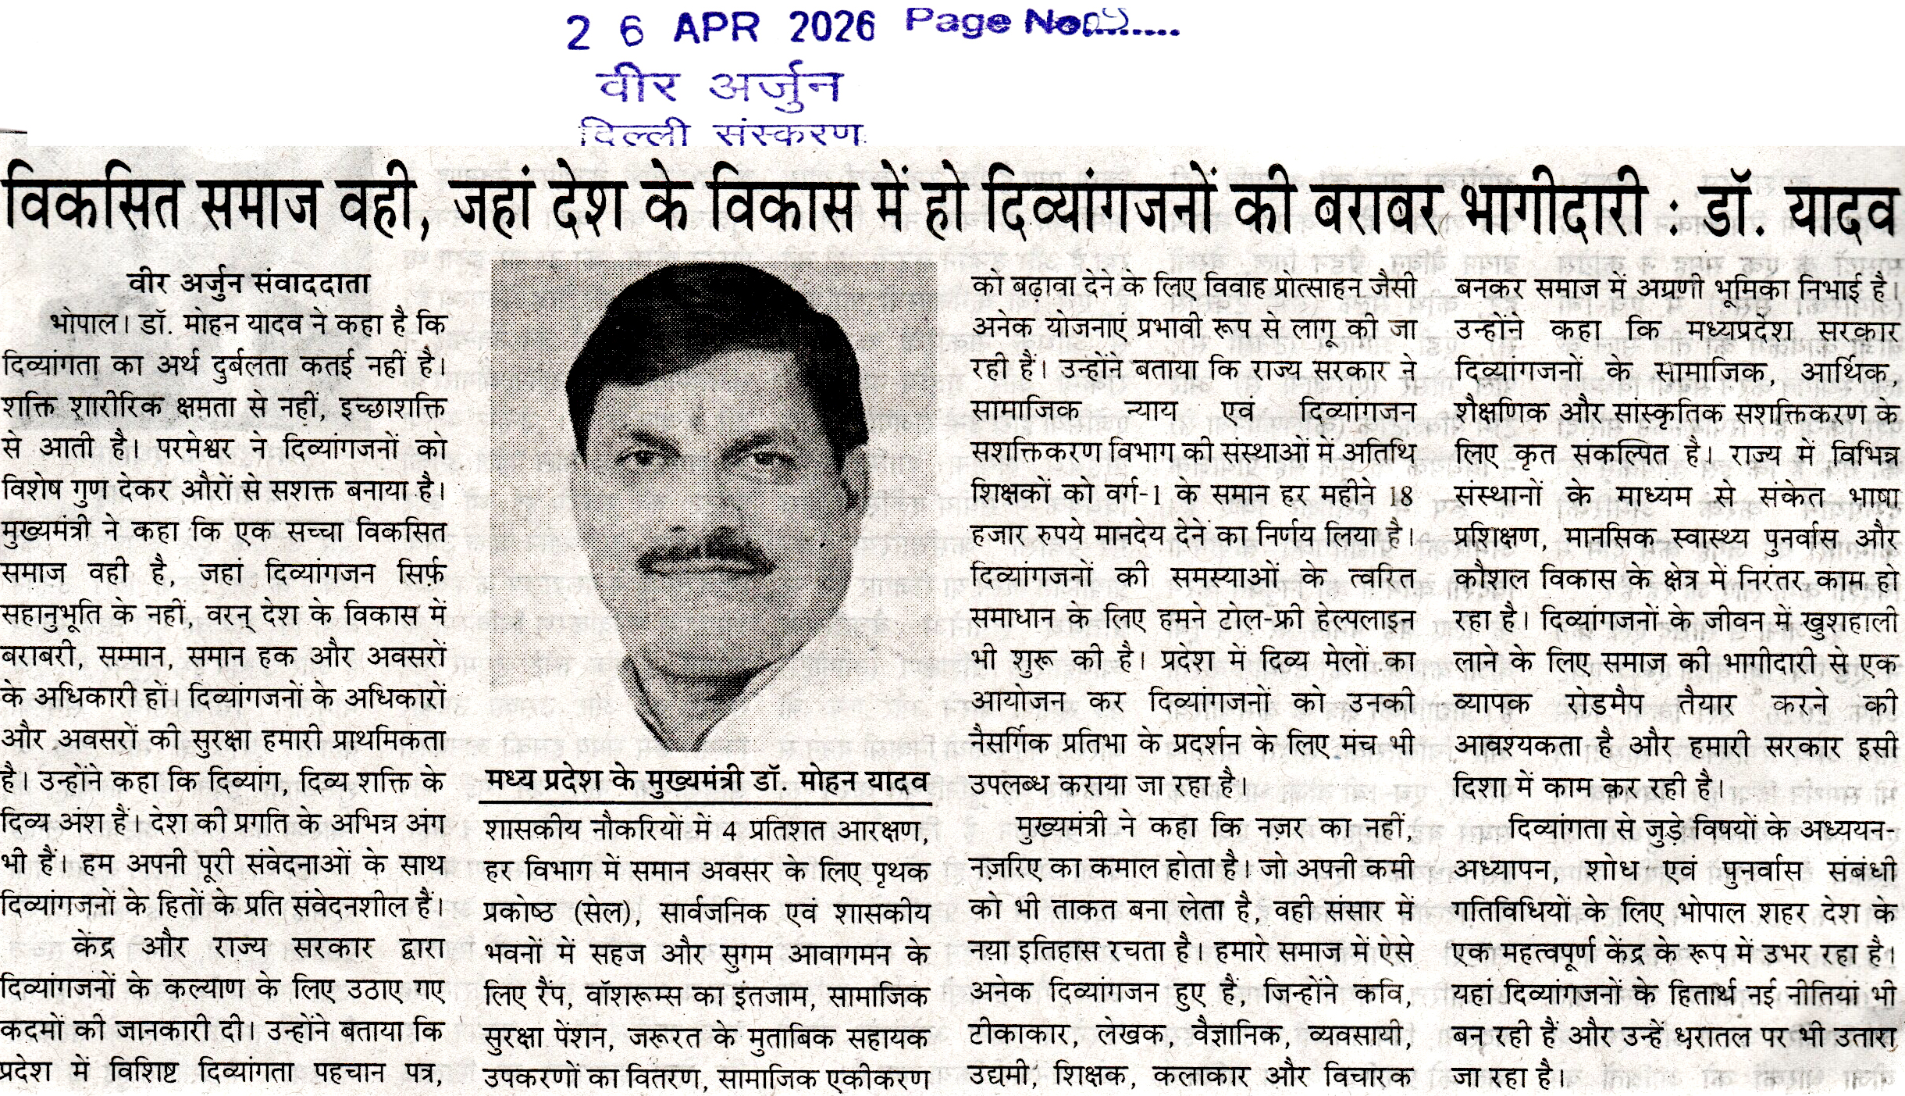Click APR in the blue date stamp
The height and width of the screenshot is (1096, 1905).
715,29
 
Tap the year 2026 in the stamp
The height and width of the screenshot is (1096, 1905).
831,28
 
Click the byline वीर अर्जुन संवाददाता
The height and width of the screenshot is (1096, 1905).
249,284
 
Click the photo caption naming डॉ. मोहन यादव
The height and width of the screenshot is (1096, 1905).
707,781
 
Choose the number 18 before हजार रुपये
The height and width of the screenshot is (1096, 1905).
1401,496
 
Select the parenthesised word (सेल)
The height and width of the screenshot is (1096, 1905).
600,913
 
